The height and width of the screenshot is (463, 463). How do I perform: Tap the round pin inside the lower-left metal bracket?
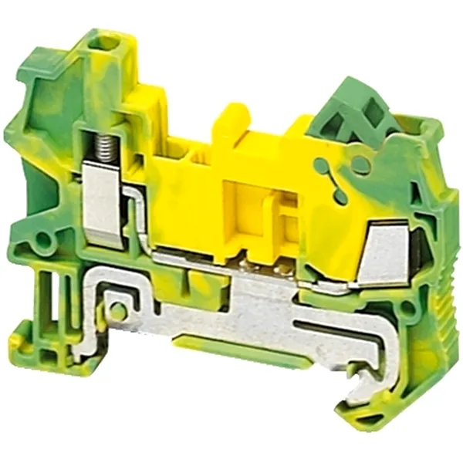pyautogui.click(x=117, y=311)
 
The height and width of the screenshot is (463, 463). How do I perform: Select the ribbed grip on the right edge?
pyautogui.click(x=446, y=309)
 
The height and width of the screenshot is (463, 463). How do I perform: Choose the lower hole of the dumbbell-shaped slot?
pyautogui.click(x=340, y=196)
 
